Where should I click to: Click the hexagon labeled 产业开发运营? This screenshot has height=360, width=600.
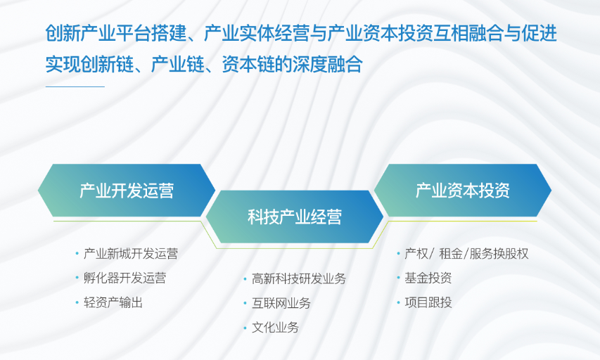pyautogui.click(x=127, y=191)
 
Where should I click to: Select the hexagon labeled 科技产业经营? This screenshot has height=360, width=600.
pyautogui.click(x=295, y=217)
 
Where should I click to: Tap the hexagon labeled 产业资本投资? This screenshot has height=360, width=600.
pyautogui.click(x=463, y=191)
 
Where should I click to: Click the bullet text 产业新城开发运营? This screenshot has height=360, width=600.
pyautogui.click(x=131, y=254)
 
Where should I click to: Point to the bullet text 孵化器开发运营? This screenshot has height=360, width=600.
pyautogui.click(x=125, y=278)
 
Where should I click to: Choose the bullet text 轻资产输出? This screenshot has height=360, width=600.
pyautogui.click(x=113, y=302)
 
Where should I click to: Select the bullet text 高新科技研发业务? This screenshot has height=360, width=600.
pyautogui.click(x=299, y=279)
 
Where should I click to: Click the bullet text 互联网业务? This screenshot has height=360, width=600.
pyautogui.click(x=281, y=303)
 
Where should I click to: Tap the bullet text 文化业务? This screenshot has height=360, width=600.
pyautogui.click(x=275, y=328)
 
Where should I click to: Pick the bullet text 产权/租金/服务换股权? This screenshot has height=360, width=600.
pyautogui.click(x=466, y=254)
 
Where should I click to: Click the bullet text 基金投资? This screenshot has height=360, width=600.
pyautogui.click(x=428, y=278)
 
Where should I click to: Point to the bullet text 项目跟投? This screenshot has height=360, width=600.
pyautogui.click(x=428, y=302)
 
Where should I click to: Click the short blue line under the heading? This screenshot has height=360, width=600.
pyautogui.click(x=75, y=87)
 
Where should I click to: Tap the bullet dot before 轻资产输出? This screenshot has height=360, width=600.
pyautogui.click(x=77, y=302)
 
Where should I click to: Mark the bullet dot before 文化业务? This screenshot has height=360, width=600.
pyautogui.click(x=245, y=328)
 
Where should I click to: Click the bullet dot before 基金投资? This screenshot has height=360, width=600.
pyautogui.click(x=398, y=278)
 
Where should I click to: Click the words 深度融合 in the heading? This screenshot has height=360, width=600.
pyautogui.click(x=328, y=64)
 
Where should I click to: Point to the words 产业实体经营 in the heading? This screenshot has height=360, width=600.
pyautogui.click(x=257, y=33)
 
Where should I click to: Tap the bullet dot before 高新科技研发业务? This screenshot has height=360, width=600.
pyautogui.click(x=245, y=279)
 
